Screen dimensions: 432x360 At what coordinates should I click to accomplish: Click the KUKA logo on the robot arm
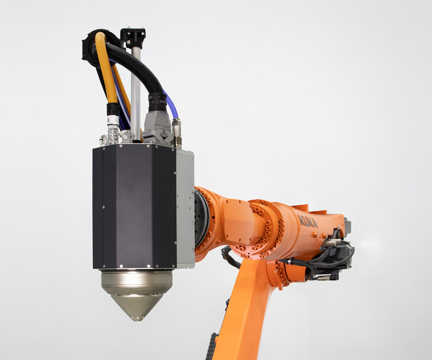pyautogui.click(x=308, y=221)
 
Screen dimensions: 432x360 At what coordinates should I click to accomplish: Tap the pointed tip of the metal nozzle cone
pyautogui.click(x=135, y=319)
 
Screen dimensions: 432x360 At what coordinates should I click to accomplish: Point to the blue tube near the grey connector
pyautogui.click(x=171, y=105)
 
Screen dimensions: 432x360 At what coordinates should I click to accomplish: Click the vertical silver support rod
pyautogui.click(x=135, y=94)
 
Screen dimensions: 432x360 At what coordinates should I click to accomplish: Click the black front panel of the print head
pyautogui.click(x=134, y=207)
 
